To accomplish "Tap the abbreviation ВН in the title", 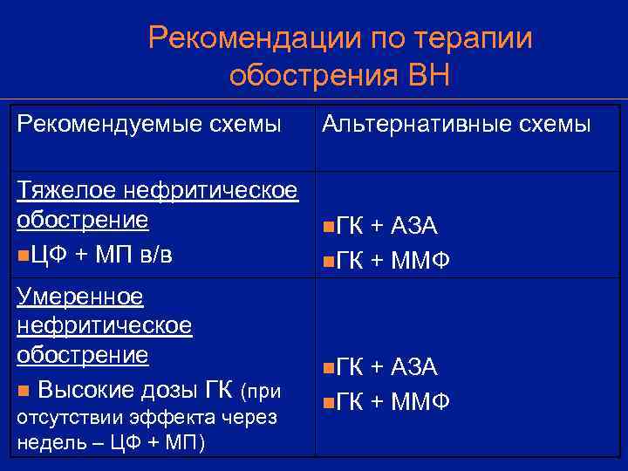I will tap(428, 76).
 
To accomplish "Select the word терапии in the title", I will tap(471, 39).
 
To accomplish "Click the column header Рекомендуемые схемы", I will tap(149, 125).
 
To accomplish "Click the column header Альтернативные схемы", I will tap(455, 125).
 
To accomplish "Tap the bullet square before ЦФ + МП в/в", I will tap(22, 255).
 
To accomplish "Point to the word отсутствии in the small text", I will tap(60, 417).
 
